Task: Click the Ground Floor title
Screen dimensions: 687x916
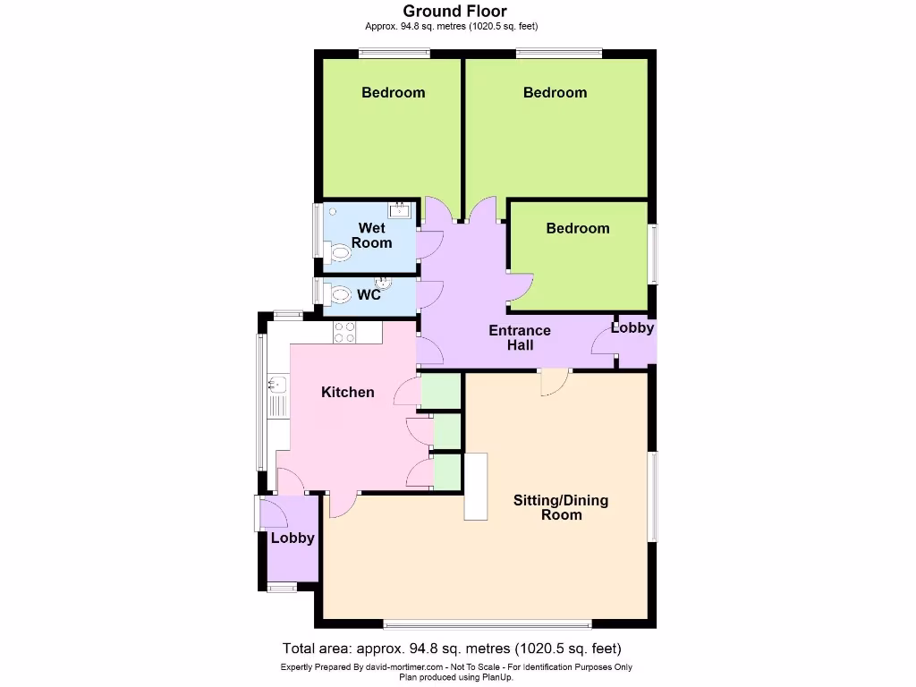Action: [x=454, y=12]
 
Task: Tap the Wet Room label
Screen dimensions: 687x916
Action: [x=371, y=235]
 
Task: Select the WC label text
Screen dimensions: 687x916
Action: [x=369, y=294]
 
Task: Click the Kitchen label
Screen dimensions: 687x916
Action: [x=348, y=392]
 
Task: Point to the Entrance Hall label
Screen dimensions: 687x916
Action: [x=520, y=337]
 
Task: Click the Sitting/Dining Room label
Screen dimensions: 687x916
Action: [x=561, y=507]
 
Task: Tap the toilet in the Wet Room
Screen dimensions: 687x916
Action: [x=338, y=254]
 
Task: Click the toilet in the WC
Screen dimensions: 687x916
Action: [x=339, y=293]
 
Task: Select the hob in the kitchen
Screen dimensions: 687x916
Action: [x=344, y=333]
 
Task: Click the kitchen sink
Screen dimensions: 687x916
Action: [x=277, y=386]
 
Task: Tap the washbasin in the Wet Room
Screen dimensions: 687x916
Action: [x=399, y=211]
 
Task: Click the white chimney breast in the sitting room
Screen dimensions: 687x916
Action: [x=475, y=487]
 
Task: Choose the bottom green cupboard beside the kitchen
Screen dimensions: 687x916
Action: [x=446, y=471]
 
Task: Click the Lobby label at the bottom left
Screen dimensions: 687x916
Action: [x=293, y=538]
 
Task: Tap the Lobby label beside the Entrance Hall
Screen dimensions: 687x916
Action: [x=632, y=328]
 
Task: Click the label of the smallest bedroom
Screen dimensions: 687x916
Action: [x=578, y=228]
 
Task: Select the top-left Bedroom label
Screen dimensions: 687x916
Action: [x=393, y=92]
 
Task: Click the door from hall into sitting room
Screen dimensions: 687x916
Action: [x=555, y=383]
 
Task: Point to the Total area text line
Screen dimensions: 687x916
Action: [x=452, y=649]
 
